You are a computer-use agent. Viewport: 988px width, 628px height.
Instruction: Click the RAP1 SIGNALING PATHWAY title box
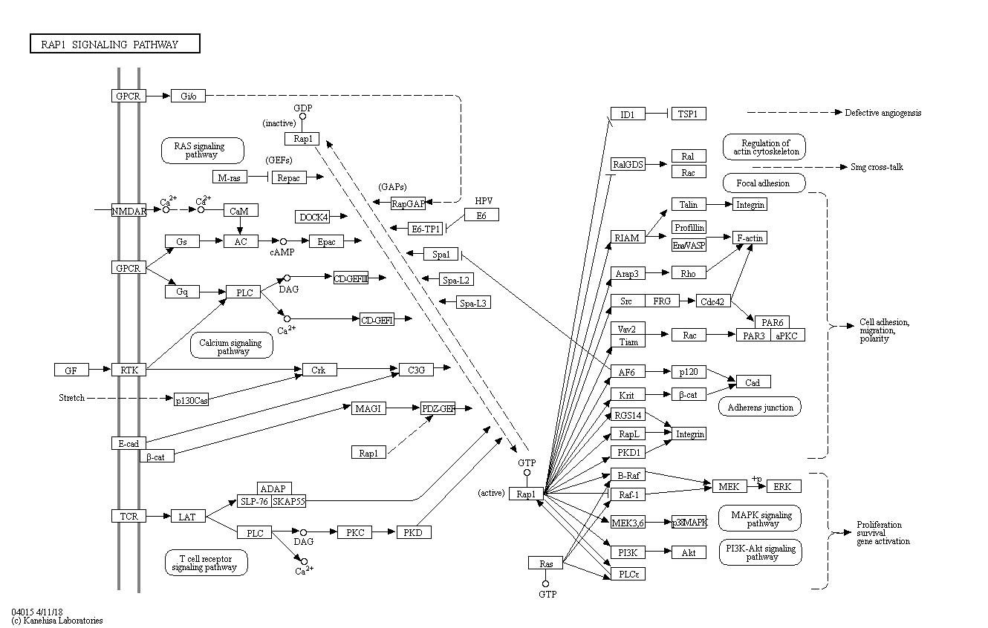point(115,45)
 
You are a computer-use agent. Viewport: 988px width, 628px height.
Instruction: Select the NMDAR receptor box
point(129,211)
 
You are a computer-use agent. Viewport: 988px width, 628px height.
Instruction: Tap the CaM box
point(239,211)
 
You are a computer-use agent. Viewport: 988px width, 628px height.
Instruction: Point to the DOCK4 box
point(312,217)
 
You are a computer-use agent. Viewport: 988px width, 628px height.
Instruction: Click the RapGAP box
point(408,203)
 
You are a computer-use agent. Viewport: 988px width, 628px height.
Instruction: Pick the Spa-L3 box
point(474,303)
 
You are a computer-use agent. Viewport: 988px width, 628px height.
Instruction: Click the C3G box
point(416,370)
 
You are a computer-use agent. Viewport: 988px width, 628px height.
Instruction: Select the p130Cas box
point(192,400)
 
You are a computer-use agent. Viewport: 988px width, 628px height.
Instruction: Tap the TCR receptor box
point(129,516)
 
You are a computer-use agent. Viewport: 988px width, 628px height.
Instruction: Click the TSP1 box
point(688,114)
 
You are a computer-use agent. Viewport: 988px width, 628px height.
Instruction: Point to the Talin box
point(688,204)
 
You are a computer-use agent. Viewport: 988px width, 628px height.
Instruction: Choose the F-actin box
point(749,238)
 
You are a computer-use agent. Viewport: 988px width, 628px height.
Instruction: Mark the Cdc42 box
point(714,301)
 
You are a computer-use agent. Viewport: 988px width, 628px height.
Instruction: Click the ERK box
point(783,486)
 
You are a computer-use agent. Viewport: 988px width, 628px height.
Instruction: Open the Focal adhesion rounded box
point(763,183)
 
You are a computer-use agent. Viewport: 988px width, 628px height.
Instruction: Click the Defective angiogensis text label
point(883,113)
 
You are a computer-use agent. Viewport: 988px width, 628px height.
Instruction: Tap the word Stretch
point(72,398)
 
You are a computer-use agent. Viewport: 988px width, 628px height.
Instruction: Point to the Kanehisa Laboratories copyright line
point(57,621)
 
